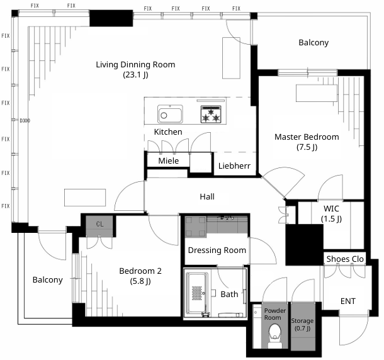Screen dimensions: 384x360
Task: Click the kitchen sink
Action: (x=170, y=114)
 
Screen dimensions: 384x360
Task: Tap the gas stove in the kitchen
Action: (x=211, y=114)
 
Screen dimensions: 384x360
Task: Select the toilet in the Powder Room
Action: (x=274, y=335)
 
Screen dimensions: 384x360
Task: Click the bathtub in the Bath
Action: (x=198, y=293)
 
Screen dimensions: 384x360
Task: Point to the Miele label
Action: (x=169, y=160)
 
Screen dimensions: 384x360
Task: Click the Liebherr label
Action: (x=234, y=166)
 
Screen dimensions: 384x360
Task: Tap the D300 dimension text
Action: (x=25, y=120)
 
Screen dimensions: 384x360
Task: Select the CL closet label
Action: (x=99, y=224)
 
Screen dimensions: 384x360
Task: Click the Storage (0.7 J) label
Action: (x=302, y=324)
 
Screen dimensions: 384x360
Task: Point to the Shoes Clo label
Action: (x=345, y=259)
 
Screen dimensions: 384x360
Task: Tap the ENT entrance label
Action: (x=348, y=301)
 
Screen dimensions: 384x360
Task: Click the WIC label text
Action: (x=331, y=208)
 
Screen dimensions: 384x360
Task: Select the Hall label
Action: (x=207, y=196)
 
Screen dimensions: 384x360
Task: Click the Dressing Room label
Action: (x=217, y=250)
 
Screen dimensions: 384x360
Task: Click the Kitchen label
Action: (x=168, y=132)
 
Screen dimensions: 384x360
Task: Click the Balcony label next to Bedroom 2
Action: (x=47, y=279)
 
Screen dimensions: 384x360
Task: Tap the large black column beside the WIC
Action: (x=304, y=245)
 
